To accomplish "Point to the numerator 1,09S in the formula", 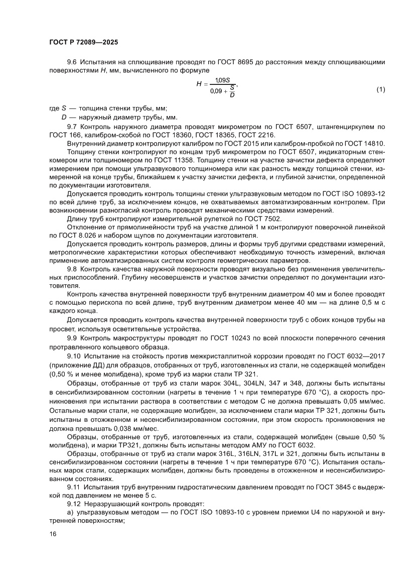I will pos(221,80).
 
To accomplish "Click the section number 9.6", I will pos(72,62).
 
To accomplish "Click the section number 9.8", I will pos(72,269).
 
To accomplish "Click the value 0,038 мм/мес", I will pos(136,429).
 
